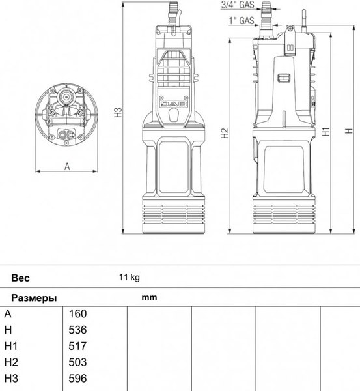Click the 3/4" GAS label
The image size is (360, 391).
tap(238, 5)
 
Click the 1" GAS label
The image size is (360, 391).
tap(242, 21)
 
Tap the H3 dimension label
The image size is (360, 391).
tap(118, 113)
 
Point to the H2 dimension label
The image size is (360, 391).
tap(225, 133)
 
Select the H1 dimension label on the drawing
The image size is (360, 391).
tap(326, 132)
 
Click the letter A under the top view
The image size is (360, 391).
tap(67, 166)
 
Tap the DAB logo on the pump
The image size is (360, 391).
tap(174, 104)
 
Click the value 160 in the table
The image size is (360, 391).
tap(77, 313)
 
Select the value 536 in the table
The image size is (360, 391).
tap(77, 330)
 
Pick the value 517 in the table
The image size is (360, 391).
tap(77, 346)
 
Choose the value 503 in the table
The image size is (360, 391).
tap(77, 362)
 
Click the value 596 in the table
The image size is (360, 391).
tap(77, 378)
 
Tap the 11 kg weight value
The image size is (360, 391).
tap(130, 278)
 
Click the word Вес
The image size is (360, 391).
tap(20, 278)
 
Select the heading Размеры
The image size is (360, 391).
tap(34, 298)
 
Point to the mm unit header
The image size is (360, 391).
tap(149, 298)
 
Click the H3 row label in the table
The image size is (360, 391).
tap(11, 378)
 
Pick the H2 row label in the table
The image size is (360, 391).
tap(11, 362)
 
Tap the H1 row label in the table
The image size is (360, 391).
tap(10, 346)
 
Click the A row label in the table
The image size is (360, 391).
tap(8, 313)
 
